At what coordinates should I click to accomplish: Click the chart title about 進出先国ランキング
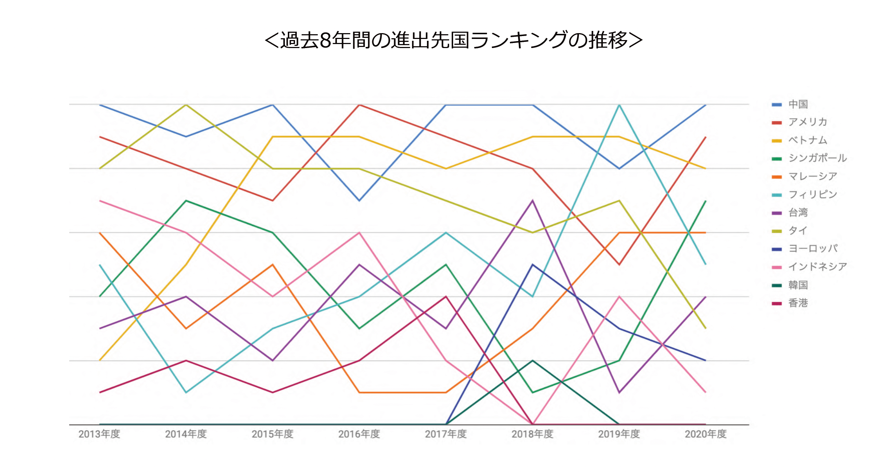(x=454, y=40)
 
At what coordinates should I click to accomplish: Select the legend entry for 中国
(x=798, y=104)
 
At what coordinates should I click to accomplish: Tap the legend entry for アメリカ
(x=807, y=122)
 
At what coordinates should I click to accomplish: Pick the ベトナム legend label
(x=807, y=140)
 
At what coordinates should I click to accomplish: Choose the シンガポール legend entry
(x=817, y=158)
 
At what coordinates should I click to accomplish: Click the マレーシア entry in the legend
(x=812, y=176)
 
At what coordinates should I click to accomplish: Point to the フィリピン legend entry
(x=812, y=194)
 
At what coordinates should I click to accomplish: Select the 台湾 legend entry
(x=798, y=213)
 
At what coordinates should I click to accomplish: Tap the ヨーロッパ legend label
(x=812, y=249)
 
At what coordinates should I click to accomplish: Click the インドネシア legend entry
(x=817, y=267)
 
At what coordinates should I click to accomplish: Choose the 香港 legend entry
(x=798, y=303)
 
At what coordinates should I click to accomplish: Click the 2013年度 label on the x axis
(x=99, y=434)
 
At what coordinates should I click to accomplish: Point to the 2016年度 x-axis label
(x=359, y=434)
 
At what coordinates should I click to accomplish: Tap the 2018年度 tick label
(x=533, y=434)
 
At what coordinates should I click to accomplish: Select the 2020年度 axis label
(x=706, y=434)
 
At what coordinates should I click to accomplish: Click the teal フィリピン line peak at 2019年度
(x=619, y=105)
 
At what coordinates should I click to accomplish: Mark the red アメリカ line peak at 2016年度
(x=360, y=105)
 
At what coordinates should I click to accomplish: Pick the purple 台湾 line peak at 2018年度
(x=533, y=201)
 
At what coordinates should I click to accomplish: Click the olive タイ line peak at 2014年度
(x=186, y=105)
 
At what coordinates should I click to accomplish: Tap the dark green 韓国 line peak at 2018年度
(x=533, y=361)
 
